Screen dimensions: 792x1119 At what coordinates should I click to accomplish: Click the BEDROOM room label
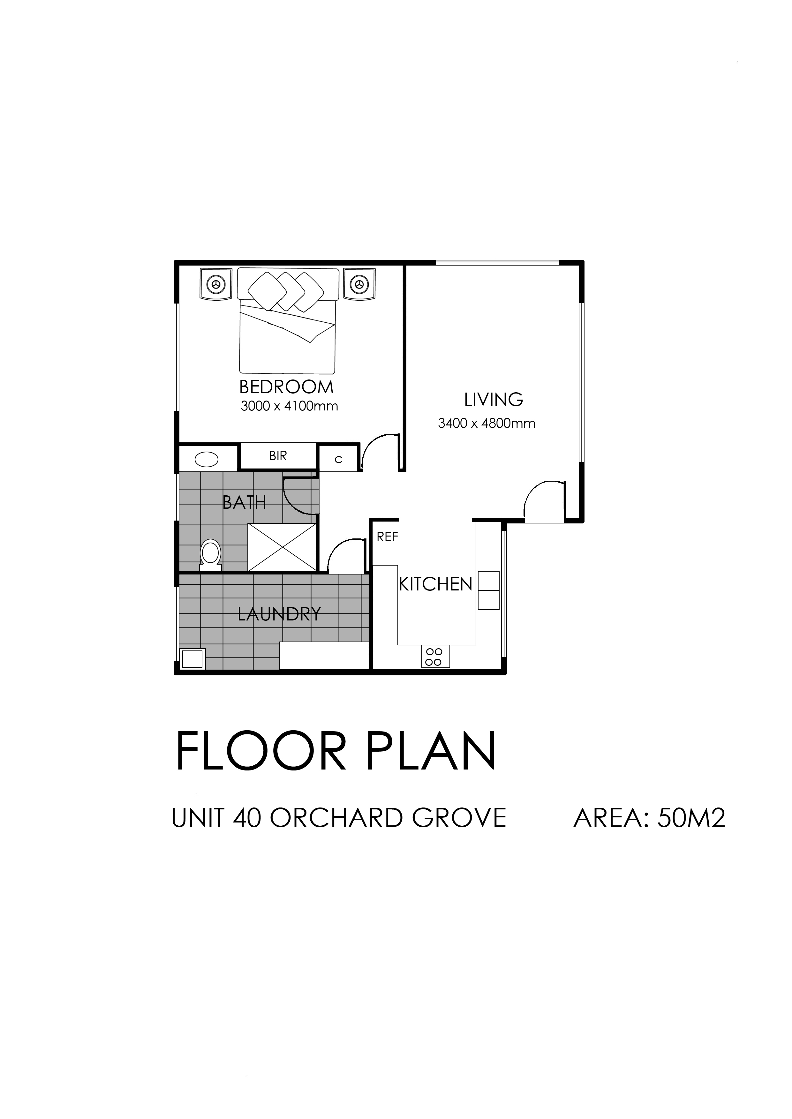click(x=286, y=387)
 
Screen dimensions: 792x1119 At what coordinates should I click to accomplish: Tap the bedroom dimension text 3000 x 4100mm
click(x=289, y=406)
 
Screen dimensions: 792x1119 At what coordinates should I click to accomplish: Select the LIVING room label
click(x=494, y=400)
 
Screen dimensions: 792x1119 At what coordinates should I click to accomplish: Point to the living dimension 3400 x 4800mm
click(x=487, y=423)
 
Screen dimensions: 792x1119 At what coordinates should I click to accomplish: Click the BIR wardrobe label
click(x=278, y=456)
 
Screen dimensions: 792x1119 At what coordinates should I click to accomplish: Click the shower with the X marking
click(x=282, y=547)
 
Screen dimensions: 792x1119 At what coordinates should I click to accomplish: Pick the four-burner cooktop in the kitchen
click(x=435, y=657)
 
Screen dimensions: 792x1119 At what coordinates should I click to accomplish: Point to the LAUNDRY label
click(x=279, y=614)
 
